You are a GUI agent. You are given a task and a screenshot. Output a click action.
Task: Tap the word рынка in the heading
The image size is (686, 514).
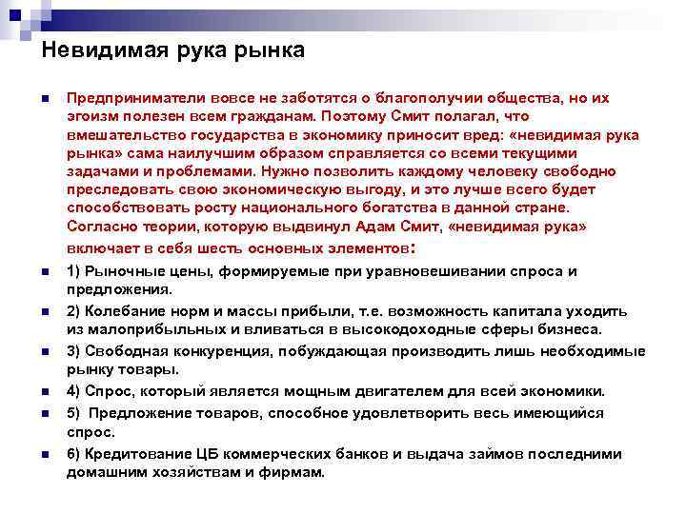[269, 50]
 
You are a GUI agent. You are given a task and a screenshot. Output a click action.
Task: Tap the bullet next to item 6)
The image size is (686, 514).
[44, 454]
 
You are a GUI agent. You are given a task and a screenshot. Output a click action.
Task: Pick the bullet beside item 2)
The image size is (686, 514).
[44, 311]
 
